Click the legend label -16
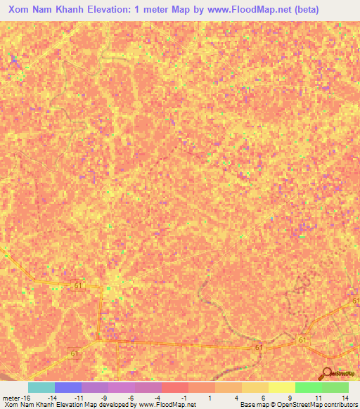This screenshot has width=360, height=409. tap(28, 398)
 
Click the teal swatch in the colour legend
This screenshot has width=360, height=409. tap(41, 387)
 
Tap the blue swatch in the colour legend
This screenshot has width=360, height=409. tap(67, 387)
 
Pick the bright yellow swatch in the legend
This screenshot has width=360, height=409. tap(281, 387)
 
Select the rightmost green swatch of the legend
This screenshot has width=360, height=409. tap(335, 387)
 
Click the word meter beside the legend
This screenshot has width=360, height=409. tap(12, 398)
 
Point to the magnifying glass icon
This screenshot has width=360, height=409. tap(328, 373)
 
